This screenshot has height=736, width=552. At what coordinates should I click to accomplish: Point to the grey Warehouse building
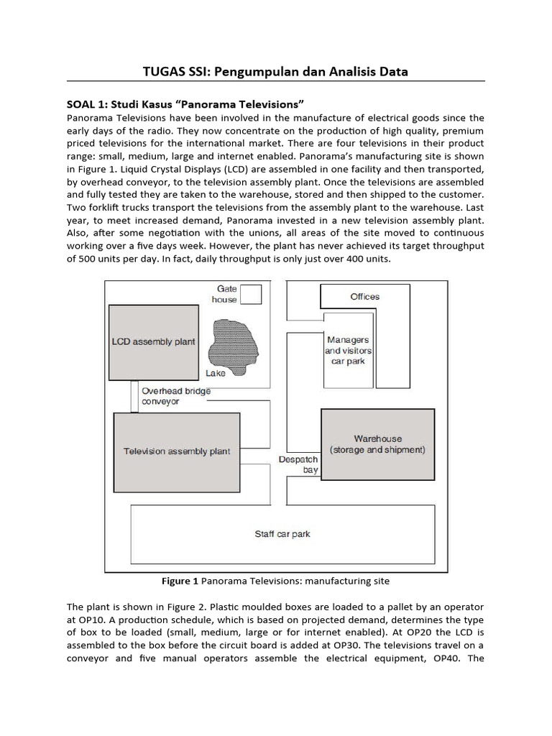pyautogui.click(x=377, y=443)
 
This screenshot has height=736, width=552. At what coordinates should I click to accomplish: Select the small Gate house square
pyautogui.click(x=251, y=294)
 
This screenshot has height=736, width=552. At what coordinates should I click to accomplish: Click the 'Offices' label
pyautogui.click(x=364, y=297)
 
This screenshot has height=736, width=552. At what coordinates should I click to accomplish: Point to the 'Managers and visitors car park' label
pyautogui.click(x=348, y=350)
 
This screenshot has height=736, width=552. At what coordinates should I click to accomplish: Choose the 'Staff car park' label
pyautogui.click(x=282, y=534)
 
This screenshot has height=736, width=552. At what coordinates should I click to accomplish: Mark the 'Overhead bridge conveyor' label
pyautogui.click(x=176, y=396)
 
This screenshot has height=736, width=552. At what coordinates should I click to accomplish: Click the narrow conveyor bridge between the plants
pyautogui.click(x=134, y=395)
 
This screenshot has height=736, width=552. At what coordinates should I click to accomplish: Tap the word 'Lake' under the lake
pyautogui.click(x=215, y=373)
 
